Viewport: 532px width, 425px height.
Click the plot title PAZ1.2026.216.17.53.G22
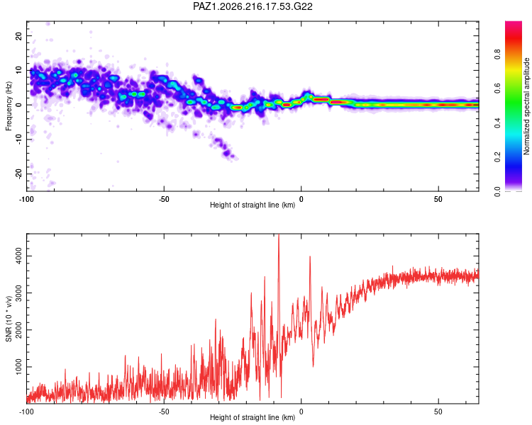coord(253,6)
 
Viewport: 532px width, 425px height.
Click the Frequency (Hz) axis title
coord(9,106)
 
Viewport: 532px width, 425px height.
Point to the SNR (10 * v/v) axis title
coord(9,319)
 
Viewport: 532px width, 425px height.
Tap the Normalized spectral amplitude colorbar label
coord(526,106)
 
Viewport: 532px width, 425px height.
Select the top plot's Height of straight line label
coord(253,205)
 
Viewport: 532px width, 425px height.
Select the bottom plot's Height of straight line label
coord(253,417)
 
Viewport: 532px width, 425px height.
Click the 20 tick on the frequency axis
coord(18,35)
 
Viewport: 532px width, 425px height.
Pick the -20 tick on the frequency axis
coord(18,174)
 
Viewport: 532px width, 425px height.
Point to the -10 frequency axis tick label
coord(18,140)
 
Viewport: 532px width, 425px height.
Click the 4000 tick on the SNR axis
coord(18,256)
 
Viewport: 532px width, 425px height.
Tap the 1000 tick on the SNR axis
coord(18,367)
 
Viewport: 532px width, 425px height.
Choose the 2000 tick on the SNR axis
coord(18,330)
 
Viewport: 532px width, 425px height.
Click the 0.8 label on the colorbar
coord(497,55)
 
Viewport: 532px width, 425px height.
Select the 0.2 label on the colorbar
coord(497,157)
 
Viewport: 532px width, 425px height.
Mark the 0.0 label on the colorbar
coord(497,191)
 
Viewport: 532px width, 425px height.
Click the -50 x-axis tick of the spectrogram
coord(164,199)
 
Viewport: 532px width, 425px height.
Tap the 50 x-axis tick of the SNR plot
coord(438,412)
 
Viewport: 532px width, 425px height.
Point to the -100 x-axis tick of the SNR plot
coord(26,412)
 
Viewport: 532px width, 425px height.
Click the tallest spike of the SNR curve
coord(279,234)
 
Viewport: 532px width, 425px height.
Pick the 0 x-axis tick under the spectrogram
coord(301,199)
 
